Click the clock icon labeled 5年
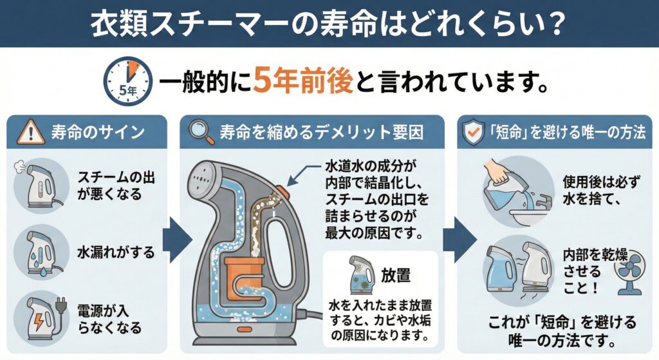coord(128,82)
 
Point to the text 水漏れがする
coord(116,252)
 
